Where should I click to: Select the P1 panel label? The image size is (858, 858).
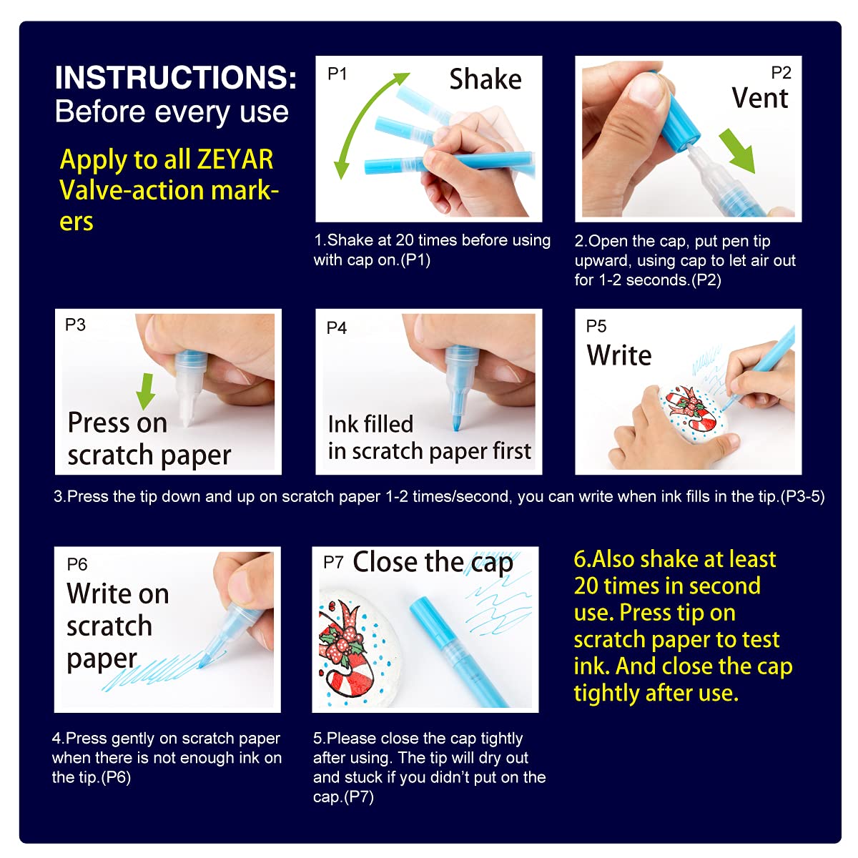point(337,74)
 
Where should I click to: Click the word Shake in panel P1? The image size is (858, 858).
point(485,79)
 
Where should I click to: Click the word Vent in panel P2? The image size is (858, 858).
point(759,98)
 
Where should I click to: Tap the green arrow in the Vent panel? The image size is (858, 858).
point(738,150)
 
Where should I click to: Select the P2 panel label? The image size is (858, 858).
point(781,73)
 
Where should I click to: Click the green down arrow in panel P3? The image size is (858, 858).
point(146,391)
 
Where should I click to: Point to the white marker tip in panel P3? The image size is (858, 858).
point(187,408)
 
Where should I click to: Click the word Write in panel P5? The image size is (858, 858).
point(619,355)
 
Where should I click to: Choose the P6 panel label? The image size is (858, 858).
point(77,564)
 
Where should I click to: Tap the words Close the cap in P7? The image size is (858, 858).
point(433,563)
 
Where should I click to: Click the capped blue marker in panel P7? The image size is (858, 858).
point(458,651)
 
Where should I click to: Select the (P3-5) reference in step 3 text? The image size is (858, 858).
point(802,496)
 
